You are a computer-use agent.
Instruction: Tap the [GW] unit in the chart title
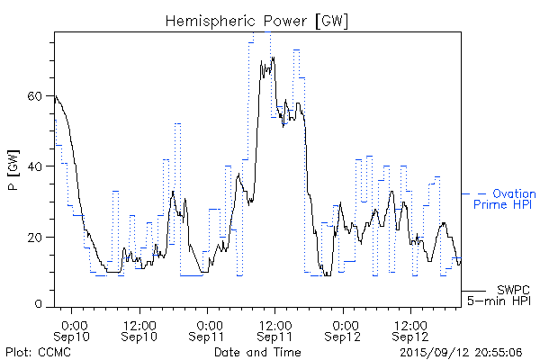coord(332,20)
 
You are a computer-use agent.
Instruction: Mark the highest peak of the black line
coord(271,58)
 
